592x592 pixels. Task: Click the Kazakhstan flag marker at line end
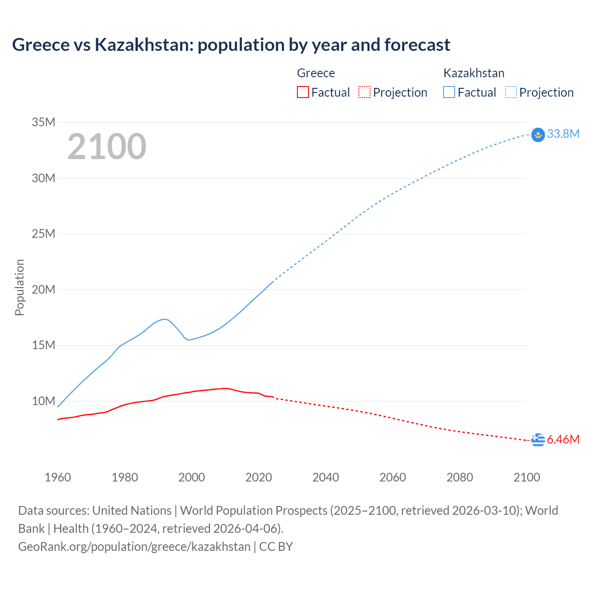point(538,135)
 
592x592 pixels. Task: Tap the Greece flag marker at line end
point(538,440)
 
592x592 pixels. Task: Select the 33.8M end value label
point(563,134)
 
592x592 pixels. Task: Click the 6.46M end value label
point(563,439)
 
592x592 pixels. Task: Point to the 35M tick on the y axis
point(43,123)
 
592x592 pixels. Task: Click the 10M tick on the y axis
point(43,401)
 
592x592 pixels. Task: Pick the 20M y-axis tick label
point(43,290)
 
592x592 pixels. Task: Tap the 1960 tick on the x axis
point(58,477)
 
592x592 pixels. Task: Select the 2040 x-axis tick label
point(326,477)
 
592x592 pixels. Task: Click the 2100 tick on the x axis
point(526,477)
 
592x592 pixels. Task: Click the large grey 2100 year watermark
point(107,147)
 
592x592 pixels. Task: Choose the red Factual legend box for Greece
point(302,92)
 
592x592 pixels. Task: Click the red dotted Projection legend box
point(364,92)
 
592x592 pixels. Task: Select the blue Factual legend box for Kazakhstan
point(449,92)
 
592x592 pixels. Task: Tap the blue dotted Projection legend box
point(511,92)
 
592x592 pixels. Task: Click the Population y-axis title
point(19,287)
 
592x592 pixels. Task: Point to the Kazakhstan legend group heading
point(474,73)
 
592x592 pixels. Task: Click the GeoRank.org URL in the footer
point(134,547)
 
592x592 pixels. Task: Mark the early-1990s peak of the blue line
point(164,319)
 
